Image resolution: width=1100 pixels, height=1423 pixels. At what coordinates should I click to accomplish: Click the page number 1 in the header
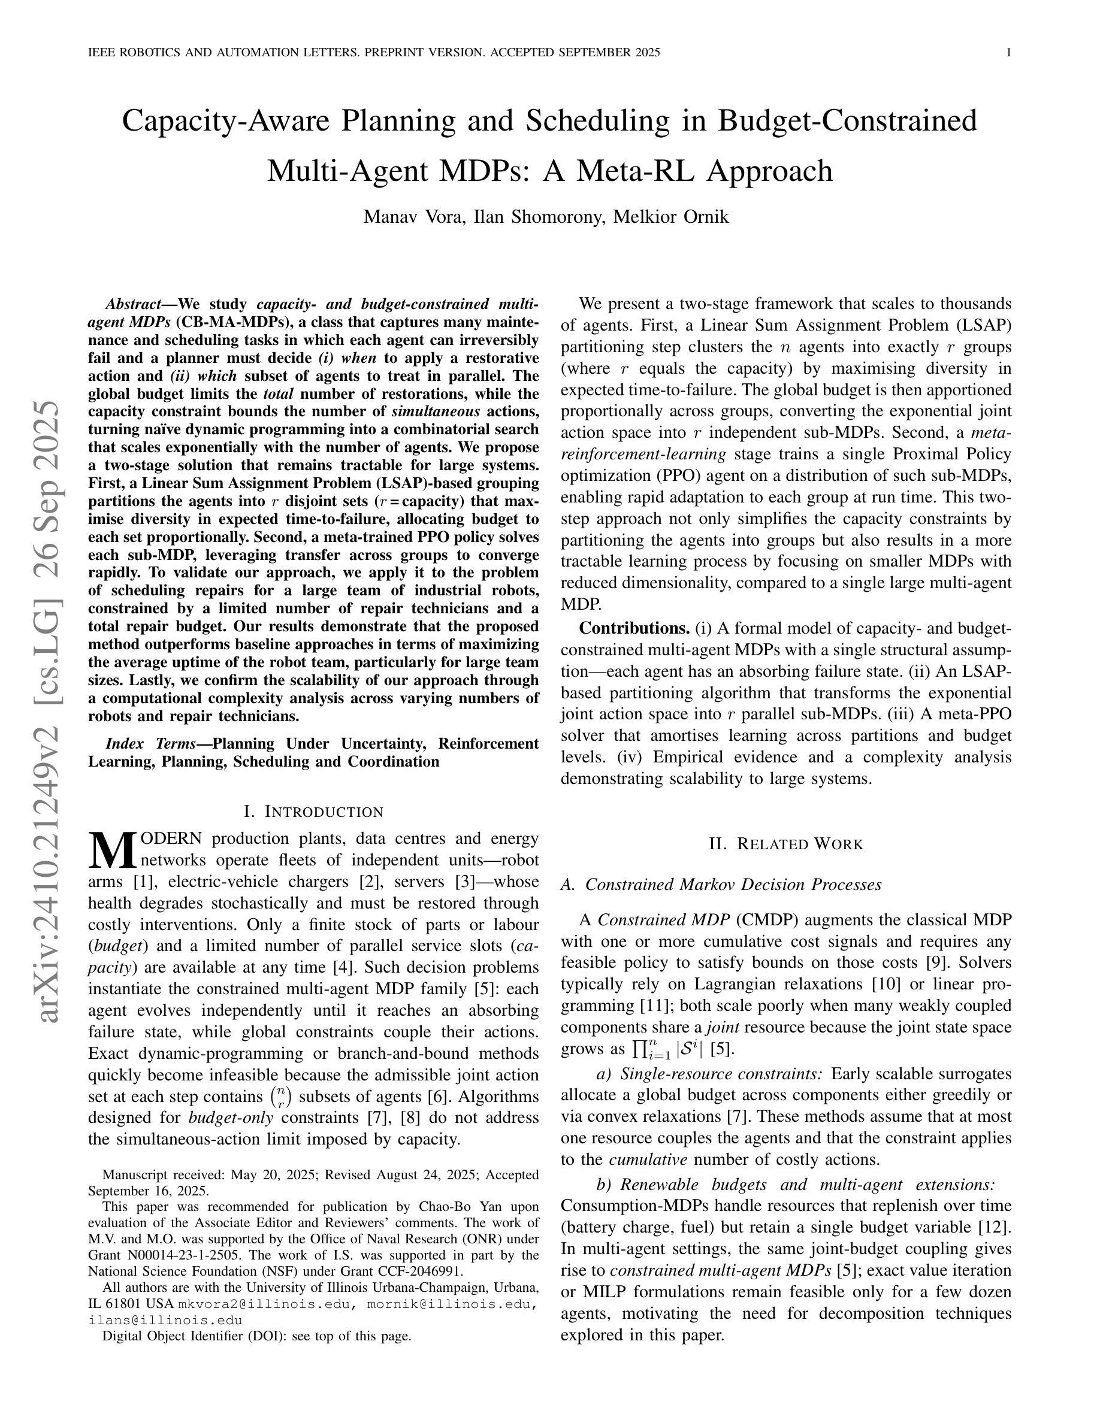[x=1009, y=53]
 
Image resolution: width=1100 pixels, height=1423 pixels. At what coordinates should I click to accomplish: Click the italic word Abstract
[x=133, y=304]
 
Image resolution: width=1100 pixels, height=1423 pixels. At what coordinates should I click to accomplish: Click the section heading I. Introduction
[x=313, y=812]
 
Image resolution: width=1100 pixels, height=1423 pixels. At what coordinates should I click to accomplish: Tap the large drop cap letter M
[x=112, y=850]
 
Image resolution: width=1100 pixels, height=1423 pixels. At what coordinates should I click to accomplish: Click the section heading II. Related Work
[x=786, y=844]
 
